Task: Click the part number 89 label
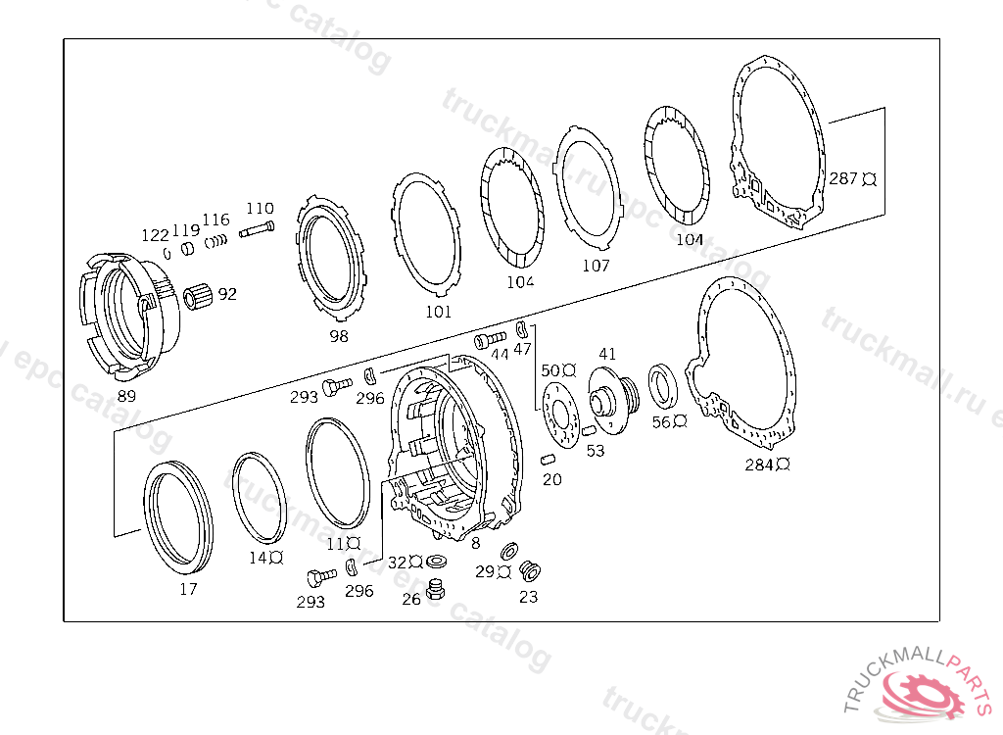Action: point(126,396)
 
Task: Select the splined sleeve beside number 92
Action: point(198,298)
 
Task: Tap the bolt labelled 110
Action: point(258,229)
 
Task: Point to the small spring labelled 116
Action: point(216,242)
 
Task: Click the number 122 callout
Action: point(155,235)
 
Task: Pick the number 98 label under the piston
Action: point(338,335)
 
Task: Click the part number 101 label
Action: point(438,312)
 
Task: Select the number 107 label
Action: point(596,265)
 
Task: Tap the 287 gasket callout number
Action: point(843,178)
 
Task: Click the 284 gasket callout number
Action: point(759,465)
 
